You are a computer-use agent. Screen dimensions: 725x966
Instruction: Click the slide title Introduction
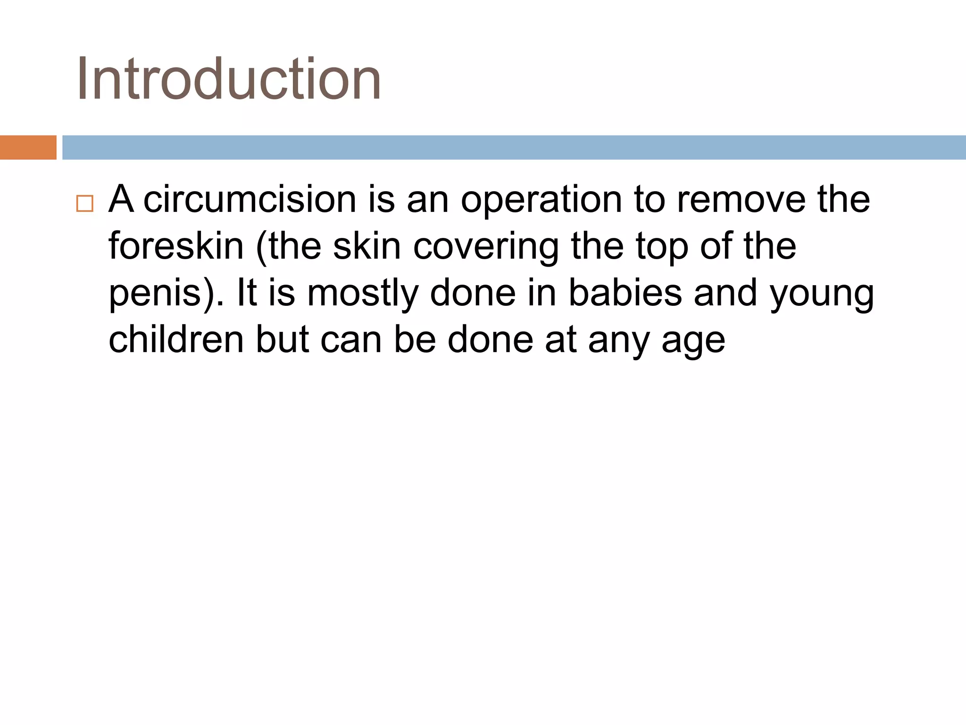click(229, 79)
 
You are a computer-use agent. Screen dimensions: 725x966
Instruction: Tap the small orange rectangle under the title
click(28, 147)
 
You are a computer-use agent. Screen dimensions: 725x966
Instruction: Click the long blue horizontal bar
click(514, 147)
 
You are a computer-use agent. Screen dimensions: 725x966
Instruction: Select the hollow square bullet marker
click(85, 203)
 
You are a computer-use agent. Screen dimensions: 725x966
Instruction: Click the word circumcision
click(250, 200)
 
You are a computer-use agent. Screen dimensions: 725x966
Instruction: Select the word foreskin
click(176, 246)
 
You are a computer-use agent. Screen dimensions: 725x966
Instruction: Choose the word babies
click(625, 293)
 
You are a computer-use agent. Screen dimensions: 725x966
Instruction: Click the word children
click(176, 339)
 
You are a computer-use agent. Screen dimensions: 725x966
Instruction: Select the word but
click(283, 339)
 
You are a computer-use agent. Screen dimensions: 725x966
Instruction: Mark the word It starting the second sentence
click(247, 293)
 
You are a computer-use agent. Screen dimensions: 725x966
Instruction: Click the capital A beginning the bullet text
click(121, 200)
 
